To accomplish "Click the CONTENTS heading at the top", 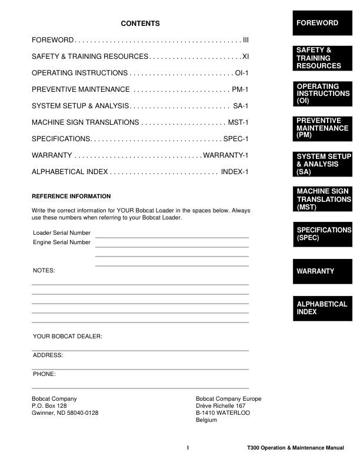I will point(140,24).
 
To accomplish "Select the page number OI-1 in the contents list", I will point(242,73).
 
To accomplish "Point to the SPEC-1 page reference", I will point(236,139).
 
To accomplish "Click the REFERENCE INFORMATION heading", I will point(71,196).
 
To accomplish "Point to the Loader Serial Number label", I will point(62,233).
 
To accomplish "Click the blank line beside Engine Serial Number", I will point(172,247).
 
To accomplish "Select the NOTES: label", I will point(44,271).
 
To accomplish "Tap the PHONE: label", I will point(44,374).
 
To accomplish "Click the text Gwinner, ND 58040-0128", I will point(65,413).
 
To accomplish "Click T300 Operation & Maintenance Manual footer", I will point(296,448).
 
